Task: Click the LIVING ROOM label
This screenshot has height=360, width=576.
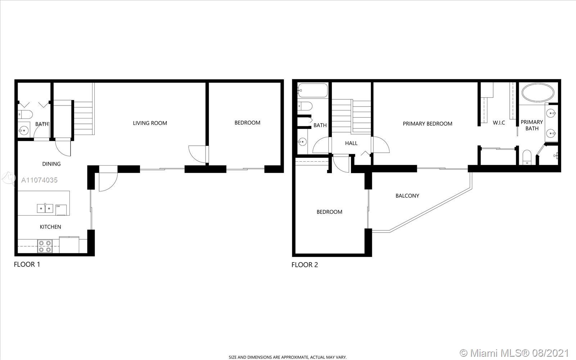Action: pyautogui.click(x=150, y=123)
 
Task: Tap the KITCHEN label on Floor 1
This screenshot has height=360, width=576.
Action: pyautogui.click(x=50, y=227)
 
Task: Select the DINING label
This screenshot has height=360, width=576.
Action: pyautogui.click(x=51, y=164)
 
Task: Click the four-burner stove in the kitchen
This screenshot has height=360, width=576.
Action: pyautogui.click(x=45, y=246)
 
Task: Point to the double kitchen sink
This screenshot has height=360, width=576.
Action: pyautogui.click(x=45, y=208)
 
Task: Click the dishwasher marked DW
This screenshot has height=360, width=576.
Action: pyautogui.click(x=61, y=210)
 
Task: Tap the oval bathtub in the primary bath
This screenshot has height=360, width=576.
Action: pyautogui.click(x=538, y=93)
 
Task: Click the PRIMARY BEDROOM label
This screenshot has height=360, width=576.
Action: pyautogui.click(x=427, y=124)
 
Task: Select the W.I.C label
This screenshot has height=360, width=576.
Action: pyautogui.click(x=499, y=123)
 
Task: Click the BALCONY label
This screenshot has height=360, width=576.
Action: pyautogui.click(x=407, y=196)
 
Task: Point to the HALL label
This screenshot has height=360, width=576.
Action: pyautogui.click(x=351, y=143)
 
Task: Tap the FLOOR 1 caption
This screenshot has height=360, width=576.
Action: pyautogui.click(x=27, y=264)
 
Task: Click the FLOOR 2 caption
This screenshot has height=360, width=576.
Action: pyautogui.click(x=305, y=265)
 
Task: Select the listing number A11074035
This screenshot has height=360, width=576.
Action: pyautogui.click(x=39, y=180)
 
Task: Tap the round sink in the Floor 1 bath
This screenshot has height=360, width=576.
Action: pyautogui.click(x=24, y=131)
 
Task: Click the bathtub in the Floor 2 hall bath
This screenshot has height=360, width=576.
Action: pyautogui.click(x=313, y=90)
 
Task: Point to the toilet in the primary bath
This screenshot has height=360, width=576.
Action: pyautogui.click(x=527, y=157)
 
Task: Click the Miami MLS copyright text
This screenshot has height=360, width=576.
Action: pyautogui.click(x=514, y=353)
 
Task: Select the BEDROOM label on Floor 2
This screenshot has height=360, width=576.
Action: pyautogui.click(x=329, y=212)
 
